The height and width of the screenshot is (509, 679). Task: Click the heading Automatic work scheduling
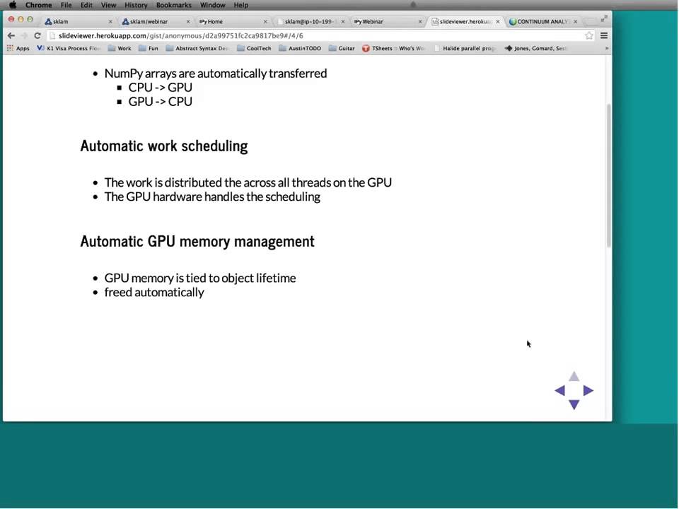point(163,146)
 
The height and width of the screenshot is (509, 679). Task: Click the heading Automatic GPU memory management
point(197,241)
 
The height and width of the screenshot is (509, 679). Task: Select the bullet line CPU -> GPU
point(160,88)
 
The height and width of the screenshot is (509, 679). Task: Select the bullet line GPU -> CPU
point(160,102)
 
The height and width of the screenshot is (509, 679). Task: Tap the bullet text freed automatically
point(154,292)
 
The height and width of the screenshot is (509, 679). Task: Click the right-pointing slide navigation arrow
point(588,390)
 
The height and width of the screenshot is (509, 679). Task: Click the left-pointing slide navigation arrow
point(559,390)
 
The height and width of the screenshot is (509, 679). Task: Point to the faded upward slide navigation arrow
point(574,377)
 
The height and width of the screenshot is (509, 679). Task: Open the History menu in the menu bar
point(136,5)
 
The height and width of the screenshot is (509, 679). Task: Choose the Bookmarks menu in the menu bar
point(173,5)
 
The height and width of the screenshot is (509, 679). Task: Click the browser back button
point(11,35)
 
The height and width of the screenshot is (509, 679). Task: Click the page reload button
point(37,35)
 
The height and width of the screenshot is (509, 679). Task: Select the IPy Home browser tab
point(211,21)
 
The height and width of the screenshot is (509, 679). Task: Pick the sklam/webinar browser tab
point(149,21)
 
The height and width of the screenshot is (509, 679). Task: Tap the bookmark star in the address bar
point(588,35)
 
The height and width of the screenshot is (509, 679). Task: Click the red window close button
point(11,19)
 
